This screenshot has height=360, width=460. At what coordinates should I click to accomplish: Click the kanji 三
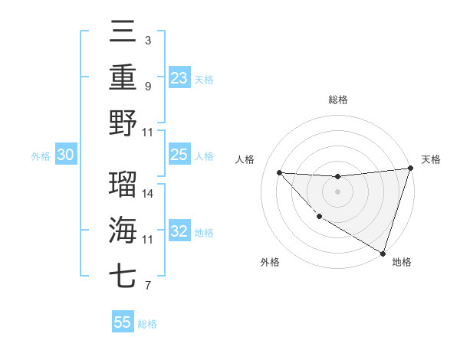(x=123, y=33)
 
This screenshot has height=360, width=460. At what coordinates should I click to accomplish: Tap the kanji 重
(x=123, y=77)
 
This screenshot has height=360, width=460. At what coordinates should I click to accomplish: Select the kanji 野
(x=123, y=123)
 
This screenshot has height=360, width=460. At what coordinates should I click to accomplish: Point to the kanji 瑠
(x=123, y=182)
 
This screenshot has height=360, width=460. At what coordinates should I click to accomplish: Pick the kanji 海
(x=123, y=229)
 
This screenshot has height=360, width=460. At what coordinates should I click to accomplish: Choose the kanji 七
(x=123, y=275)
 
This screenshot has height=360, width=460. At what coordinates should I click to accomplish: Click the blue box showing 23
(x=179, y=77)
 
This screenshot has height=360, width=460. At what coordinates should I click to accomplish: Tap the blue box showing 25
(x=179, y=155)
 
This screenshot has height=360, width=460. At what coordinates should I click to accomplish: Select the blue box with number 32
(x=179, y=231)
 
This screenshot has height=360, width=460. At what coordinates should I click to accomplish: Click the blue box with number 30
(x=65, y=155)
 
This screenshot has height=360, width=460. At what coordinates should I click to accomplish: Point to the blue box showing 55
(x=123, y=322)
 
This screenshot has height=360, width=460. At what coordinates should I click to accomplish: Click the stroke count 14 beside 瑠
(x=148, y=193)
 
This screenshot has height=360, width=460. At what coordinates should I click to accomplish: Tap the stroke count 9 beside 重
(x=148, y=87)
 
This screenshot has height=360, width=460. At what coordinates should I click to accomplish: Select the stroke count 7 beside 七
(x=148, y=286)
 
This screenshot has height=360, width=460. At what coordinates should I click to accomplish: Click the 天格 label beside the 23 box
(x=204, y=79)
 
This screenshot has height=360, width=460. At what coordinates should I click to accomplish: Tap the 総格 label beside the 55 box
(x=147, y=324)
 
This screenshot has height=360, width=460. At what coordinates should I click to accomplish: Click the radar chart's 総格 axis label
(x=337, y=100)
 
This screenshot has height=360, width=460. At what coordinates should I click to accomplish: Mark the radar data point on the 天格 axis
(x=410, y=169)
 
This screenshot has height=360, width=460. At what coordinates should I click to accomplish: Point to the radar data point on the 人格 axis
(x=280, y=172)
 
